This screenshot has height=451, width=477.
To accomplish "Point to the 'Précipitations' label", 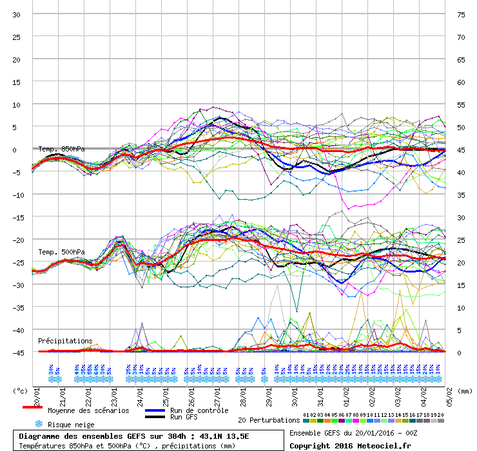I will (65, 340).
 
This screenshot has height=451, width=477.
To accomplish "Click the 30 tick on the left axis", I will (17, 14).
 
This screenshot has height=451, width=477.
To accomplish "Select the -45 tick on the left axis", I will (17, 352).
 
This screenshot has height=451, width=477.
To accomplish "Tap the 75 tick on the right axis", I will (461, 14).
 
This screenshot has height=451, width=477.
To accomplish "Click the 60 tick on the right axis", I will (461, 82).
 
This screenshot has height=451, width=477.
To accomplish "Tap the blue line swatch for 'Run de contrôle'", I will (155, 410).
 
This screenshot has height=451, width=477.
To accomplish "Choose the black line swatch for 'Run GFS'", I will (155, 417).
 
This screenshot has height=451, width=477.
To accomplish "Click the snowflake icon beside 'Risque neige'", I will (38, 424).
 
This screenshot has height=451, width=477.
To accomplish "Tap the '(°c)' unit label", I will (21, 390).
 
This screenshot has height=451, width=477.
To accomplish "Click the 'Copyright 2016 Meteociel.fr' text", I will (350, 445).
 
